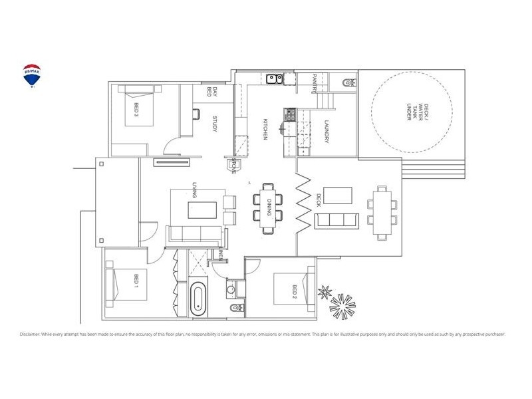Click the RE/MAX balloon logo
[x=31, y=76]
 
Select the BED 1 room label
[x=135, y=282]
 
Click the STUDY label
[x=215, y=124]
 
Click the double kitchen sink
[x=274, y=80]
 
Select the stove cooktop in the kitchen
[x=289, y=116]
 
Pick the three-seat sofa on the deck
[x=336, y=220]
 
